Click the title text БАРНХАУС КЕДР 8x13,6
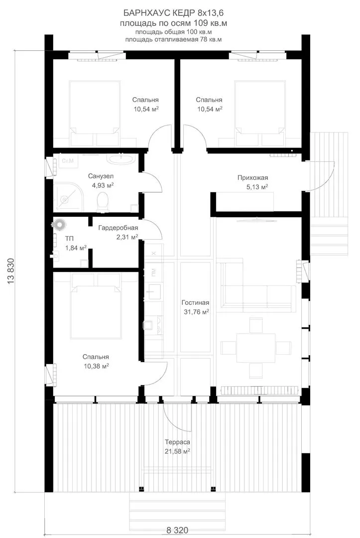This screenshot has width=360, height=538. coord(173,13)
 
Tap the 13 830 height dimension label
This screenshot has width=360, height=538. coord(10,271)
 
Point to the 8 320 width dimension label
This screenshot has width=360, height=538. coord(177,531)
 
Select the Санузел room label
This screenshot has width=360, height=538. coord(101,176)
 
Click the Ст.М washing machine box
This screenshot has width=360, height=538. coord(68,161)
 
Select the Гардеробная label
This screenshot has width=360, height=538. coord(118,228)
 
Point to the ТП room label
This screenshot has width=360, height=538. coord(69,239)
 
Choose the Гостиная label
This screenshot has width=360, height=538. coord(195,303)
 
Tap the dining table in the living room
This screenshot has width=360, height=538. coord(255,348)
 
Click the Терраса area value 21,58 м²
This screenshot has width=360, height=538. coord(177,451)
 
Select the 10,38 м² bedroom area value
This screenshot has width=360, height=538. coord(96,366)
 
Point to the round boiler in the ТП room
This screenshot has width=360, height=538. coord(59,224)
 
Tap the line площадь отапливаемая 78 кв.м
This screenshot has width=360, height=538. coord(173,39)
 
